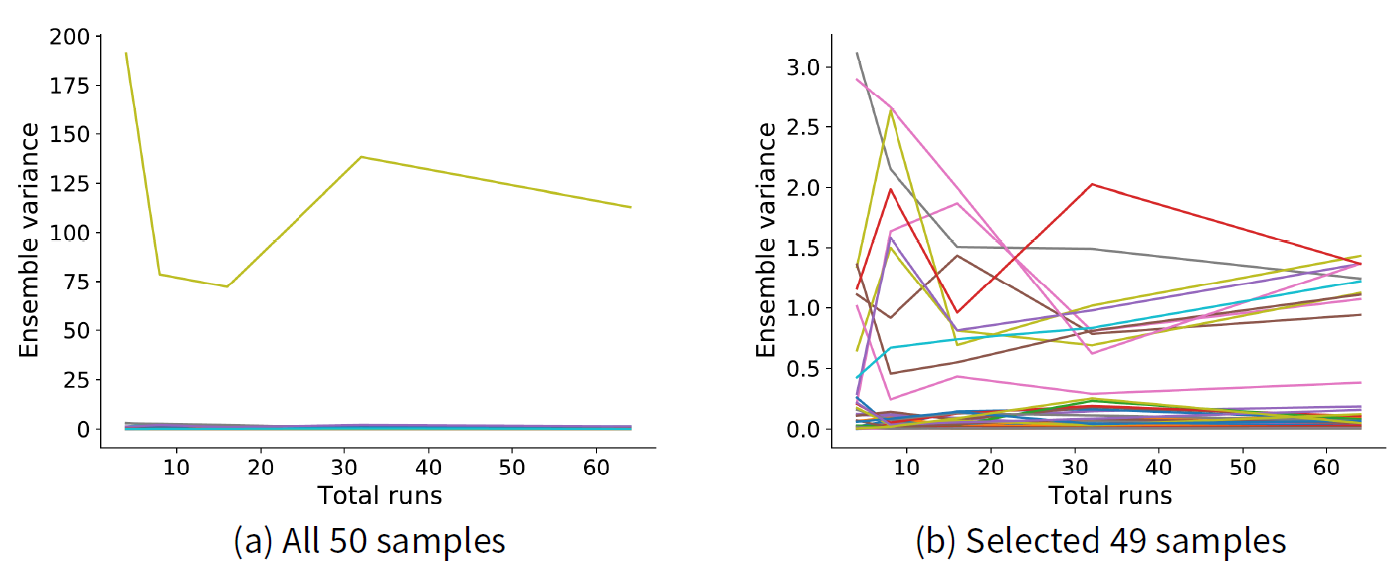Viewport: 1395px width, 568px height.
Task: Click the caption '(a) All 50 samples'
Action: (369, 541)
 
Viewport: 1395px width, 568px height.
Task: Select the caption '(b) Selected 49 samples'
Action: (1100, 541)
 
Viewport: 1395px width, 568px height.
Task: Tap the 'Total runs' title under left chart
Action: (379, 494)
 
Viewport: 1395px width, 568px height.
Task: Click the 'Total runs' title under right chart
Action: (1109, 494)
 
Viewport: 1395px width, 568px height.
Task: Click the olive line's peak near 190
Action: (126, 53)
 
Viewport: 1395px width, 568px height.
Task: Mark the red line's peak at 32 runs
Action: (1092, 184)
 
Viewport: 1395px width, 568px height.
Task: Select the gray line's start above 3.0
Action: (857, 53)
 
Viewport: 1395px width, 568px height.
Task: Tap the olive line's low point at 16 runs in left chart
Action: (228, 286)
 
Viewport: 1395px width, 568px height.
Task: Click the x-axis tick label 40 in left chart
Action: (428, 468)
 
